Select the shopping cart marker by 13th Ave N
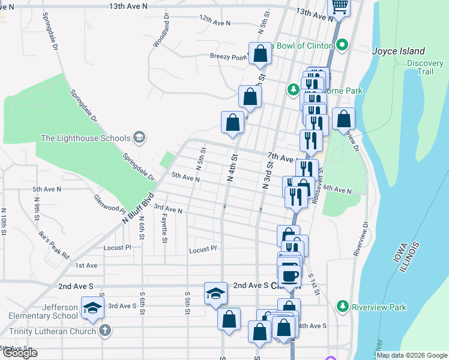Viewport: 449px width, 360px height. [x=340, y=7]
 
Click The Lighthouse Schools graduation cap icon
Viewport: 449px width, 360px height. [x=139, y=138]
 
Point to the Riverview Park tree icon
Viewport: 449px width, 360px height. [x=343, y=307]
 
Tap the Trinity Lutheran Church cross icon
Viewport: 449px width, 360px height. [x=105, y=331]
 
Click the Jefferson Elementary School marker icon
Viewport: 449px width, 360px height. [x=92, y=307]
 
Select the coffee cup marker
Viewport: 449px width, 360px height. [x=291, y=275]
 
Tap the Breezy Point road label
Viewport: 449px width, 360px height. [x=228, y=57]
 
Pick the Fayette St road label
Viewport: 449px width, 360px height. [x=164, y=230]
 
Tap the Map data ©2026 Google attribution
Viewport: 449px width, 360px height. [x=412, y=355]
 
